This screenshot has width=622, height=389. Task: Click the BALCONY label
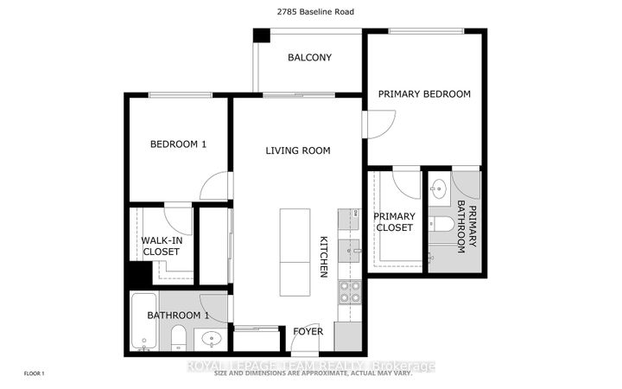coord(309,58)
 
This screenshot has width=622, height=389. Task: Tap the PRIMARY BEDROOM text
coord(424,94)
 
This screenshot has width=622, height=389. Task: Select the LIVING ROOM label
coord(298,150)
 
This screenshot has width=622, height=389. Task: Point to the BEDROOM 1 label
coord(178,144)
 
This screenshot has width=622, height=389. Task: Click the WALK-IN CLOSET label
coord(161,246)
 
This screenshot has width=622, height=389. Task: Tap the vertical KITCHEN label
coord(324,257)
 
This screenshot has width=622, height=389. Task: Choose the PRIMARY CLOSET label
coord(394,222)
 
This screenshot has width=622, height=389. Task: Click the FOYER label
coord(308,331)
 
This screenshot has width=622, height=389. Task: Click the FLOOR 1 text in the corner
coord(33,373)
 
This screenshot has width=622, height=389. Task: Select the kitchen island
coord(295,251)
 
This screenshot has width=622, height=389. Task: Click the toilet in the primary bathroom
coord(441,225)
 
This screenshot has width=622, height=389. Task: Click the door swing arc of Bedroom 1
coord(216,184)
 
